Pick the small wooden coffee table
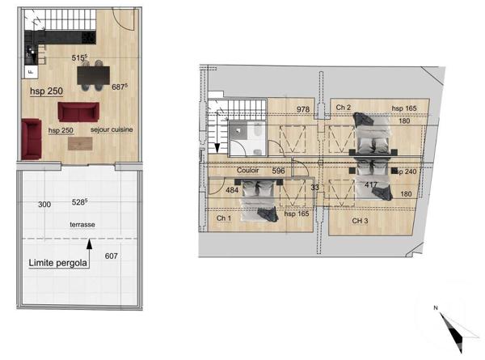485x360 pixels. pyautogui.click(x=82, y=144)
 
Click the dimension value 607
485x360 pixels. pyautogui.click(x=112, y=257)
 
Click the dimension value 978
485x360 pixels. pyautogui.click(x=304, y=109)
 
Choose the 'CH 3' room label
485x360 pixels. pyautogui.click(x=361, y=220)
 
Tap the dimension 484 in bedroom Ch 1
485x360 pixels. pyautogui.click(x=231, y=191)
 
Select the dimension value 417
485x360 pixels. pyautogui.click(x=371, y=185)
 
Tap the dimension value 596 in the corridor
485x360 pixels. pyautogui.click(x=278, y=172)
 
